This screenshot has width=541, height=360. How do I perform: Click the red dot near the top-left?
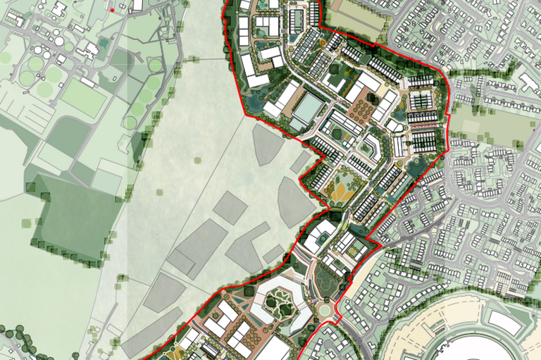(x=112, y=11)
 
